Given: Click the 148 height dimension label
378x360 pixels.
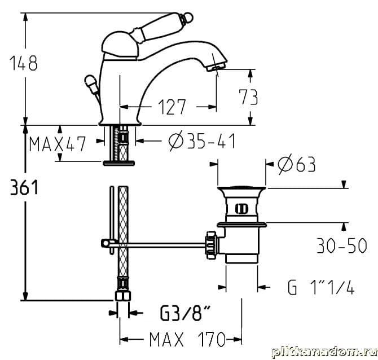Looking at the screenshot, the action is (x=23, y=63).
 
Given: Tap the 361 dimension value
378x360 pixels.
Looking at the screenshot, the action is (x=24, y=187).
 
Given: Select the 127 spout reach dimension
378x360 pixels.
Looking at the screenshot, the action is (x=172, y=107).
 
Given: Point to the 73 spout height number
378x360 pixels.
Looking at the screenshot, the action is (x=248, y=97).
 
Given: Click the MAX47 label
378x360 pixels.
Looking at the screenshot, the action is (x=58, y=144).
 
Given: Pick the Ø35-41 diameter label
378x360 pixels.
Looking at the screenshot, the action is (x=201, y=141).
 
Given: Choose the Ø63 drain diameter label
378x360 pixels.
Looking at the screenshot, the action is (x=297, y=164).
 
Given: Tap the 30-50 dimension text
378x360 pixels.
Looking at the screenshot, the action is (x=341, y=245).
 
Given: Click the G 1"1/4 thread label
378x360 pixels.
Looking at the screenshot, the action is (x=321, y=287).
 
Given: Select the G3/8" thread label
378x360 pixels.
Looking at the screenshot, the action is (x=185, y=313).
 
